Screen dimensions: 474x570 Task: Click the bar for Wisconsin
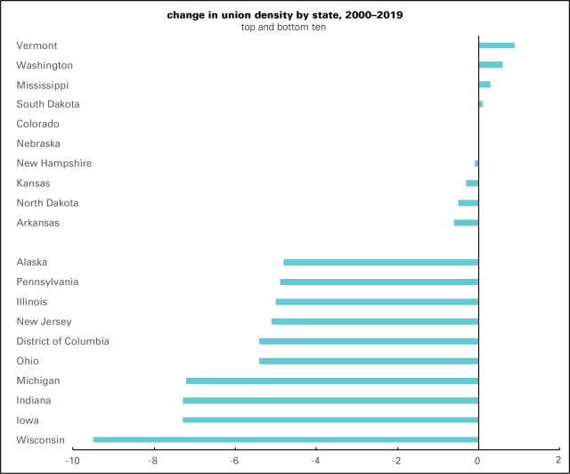[x=286, y=439]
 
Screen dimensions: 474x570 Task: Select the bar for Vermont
[x=496, y=45]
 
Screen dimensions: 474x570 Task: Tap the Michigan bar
[x=332, y=380]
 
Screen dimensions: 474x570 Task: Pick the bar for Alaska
[x=381, y=262]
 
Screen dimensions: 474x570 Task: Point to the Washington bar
[x=490, y=65]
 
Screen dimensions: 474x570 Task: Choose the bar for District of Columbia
[x=369, y=341]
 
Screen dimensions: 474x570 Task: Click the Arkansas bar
[x=466, y=223]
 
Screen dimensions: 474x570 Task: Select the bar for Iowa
[x=330, y=420]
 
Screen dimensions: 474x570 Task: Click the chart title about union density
[x=285, y=15]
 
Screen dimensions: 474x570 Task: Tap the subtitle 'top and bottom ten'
[x=285, y=28]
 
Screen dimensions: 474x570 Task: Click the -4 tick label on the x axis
[x=315, y=461]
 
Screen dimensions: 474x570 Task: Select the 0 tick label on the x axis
[x=478, y=461]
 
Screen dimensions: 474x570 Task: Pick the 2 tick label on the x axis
[x=558, y=461]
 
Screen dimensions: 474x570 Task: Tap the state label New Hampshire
[x=53, y=163]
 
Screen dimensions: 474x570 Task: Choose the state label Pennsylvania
[x=47, y=282]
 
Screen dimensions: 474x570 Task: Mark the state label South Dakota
[x=48, y=104]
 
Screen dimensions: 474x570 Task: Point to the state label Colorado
[x=37, y=124]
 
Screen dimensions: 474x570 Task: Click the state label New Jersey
[x=44, y=322]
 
